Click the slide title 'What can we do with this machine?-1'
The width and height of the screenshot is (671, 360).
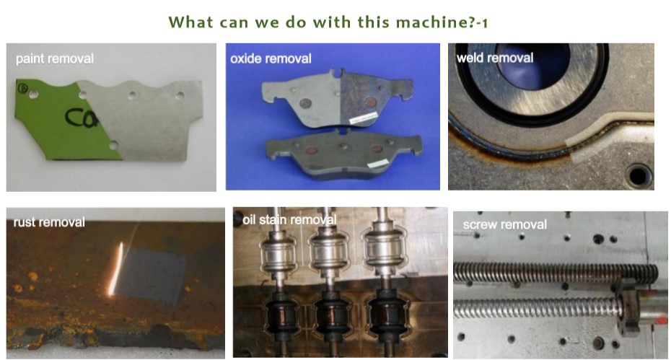(x=328, y=22)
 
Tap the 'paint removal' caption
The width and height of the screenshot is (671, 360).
(x=55, y=58)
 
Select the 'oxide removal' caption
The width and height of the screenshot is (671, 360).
(x=271, y=58)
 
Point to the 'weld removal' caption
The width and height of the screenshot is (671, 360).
(x=495, y=58)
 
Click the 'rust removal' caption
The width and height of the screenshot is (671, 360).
(x=49, y=222)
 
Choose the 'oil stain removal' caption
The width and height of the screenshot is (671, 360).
(x=290, y=220)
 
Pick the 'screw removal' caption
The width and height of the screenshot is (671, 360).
(x=505, y=225)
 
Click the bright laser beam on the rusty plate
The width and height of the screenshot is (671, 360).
(x=115, y=269)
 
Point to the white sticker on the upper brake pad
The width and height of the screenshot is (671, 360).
(x=364, y=118)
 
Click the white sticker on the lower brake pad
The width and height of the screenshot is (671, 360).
(x=378, y=163)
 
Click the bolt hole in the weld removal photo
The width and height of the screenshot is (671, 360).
(x=639, y=175)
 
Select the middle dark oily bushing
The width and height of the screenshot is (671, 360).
(x=330, y=315)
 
